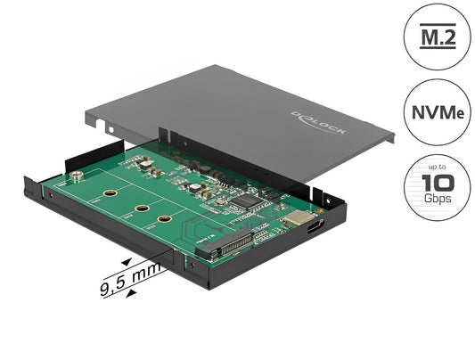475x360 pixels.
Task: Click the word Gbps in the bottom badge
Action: point(436,200)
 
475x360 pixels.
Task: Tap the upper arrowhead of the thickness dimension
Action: point(127,260)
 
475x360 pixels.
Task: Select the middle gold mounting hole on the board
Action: point(142,208)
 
